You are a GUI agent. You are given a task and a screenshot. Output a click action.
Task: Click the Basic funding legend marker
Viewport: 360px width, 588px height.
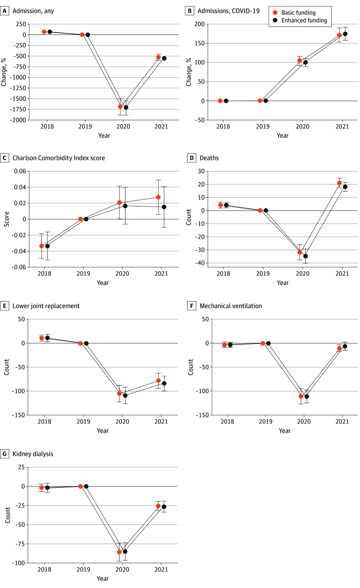click(275, 12)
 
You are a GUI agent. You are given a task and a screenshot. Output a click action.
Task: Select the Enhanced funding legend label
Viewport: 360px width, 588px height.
click(304, 21)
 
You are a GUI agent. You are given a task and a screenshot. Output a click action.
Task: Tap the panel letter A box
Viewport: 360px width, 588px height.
click(4, 11)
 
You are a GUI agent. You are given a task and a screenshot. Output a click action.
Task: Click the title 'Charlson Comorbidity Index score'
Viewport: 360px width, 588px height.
click(59, 158)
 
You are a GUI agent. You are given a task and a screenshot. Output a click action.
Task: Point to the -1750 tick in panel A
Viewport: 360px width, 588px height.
click(18, 109)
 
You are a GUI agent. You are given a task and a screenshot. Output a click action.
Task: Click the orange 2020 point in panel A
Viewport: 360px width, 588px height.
click(120, 107)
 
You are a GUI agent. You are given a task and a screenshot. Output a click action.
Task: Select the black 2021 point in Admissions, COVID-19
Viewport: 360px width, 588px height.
click(345, 34)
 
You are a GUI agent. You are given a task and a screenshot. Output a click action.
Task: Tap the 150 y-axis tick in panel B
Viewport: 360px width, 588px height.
click(200, 43)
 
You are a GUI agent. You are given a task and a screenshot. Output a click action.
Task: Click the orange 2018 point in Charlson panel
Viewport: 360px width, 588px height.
click(41, 246)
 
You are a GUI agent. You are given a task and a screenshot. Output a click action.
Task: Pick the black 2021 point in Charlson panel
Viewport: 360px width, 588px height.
click(164, 207)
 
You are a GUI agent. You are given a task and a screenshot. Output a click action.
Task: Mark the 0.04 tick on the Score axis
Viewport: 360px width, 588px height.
click(20, 187)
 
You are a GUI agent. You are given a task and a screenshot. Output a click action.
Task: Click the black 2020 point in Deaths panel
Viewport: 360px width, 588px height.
click(305, 256)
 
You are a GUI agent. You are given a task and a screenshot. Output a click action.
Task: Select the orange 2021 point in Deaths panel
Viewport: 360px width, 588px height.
click(339, 183)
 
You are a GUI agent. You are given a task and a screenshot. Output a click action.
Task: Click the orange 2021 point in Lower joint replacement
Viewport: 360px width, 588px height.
click(158, 381)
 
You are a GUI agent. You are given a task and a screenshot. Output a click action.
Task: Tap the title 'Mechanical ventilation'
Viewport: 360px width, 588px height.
click(231, 306)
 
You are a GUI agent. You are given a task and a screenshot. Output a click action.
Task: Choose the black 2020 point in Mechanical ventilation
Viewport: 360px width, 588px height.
click(306, 396)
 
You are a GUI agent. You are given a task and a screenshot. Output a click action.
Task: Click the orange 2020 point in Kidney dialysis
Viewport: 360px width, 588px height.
click(119, 552)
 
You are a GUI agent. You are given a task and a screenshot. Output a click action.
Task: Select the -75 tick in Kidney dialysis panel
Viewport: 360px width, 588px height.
click(19, 544)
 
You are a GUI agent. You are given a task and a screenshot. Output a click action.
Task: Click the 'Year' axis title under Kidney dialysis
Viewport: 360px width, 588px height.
click(103, 578)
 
